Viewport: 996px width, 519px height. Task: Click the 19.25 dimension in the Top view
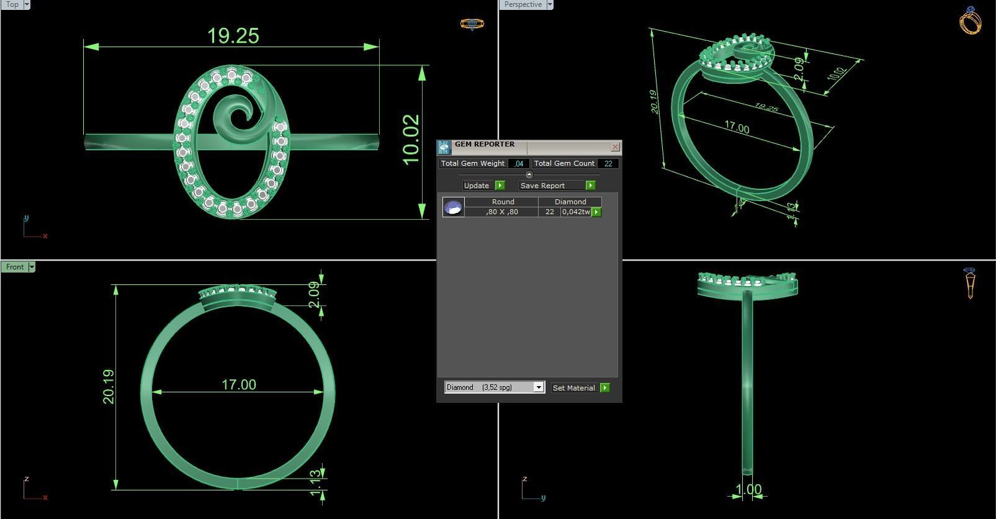[x=233, y=36]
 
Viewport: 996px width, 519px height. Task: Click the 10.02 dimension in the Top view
[x=411, y=140]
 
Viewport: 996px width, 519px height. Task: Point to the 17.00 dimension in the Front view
[x=239, y=385]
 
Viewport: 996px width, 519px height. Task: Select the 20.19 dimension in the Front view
[x=109, y=387]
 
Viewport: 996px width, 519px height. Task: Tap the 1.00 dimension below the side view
[x=748, y=490]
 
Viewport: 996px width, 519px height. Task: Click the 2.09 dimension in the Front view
[x=314, y=294]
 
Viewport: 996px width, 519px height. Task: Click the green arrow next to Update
[x=500, y=186]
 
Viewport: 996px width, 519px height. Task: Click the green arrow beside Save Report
[x=590, y=186]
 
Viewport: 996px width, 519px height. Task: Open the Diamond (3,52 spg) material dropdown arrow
[x=539, y=387]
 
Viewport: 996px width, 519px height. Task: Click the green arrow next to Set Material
[x=605, y=388]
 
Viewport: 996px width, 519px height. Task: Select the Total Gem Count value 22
[x=608, y=164]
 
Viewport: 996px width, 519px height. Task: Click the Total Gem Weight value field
[x=518, y=164]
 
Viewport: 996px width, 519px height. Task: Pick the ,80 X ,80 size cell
[x=502, y=212]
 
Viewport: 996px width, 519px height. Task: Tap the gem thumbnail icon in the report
[x=454, y=207]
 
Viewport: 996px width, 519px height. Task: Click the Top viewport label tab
[x=12, y=4]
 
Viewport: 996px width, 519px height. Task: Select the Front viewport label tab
[x=15, y=267]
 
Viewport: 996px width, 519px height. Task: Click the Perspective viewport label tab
[x=523, y=4]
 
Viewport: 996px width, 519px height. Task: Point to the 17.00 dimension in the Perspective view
[x=737, y=128]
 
